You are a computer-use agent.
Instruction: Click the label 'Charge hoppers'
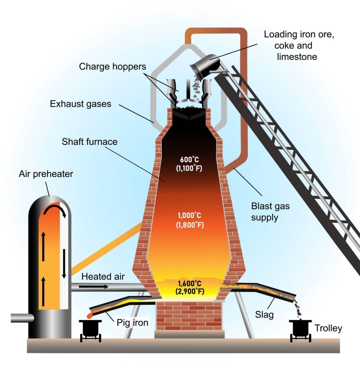click(x=112, y=67)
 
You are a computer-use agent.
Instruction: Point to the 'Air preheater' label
click(x=46, y=174)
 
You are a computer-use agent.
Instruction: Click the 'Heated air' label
click(x=103, y=277)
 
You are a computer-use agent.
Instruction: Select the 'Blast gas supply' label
click(x=270, y=212)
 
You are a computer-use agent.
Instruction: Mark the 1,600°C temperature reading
click(x=190, y=287)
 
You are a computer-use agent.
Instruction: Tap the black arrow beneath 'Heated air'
click(x=94, y=287)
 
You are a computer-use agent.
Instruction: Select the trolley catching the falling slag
click(x=300, y=329)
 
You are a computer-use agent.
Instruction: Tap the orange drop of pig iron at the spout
click(x=90, y=314)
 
